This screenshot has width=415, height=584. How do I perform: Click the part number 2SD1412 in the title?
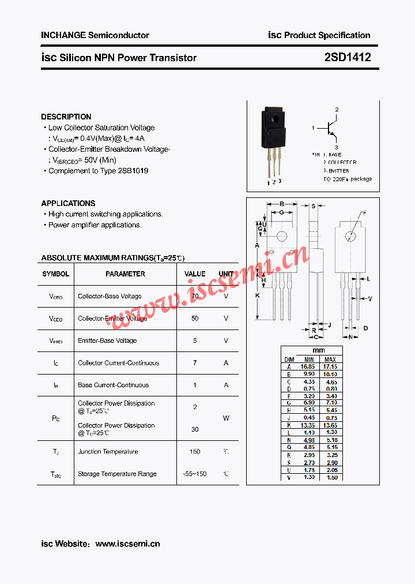point(347,58)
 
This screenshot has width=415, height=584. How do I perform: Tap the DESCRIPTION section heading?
point(66,117)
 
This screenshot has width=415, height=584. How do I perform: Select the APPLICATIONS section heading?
point(68,203)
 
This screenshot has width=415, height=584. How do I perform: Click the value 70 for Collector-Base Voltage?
point(195,296)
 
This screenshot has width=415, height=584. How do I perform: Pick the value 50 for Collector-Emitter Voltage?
point(195,319)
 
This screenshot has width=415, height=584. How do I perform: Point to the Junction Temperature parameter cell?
point(108,452)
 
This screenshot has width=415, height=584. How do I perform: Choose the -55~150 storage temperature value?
point(195,474)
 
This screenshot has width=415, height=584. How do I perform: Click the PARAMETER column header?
point(125,274)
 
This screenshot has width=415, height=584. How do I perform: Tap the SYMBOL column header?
point(55,274)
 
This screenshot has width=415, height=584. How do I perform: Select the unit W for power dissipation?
point(226,418)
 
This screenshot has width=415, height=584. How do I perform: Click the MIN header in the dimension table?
point(308,359)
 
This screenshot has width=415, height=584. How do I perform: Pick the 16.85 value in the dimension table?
point(308,366)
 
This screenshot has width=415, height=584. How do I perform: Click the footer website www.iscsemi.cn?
point(127,544)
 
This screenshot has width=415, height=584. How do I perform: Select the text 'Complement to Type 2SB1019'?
point(98,171)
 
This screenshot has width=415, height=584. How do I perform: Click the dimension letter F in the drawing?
point(364,214)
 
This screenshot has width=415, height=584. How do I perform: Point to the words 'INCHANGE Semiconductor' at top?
point(95,35)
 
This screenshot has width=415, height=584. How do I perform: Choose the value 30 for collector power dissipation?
point(195,429)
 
